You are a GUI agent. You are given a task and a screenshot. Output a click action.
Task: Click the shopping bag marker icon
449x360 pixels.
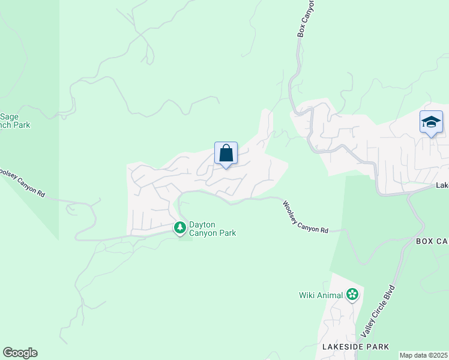226,154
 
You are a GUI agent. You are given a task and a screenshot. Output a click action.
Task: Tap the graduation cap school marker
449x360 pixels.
431,122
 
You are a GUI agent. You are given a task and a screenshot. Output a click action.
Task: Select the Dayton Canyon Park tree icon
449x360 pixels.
179,228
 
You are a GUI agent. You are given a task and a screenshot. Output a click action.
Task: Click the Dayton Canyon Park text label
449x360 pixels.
212,229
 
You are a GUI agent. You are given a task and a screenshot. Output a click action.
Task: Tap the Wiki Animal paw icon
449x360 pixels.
352,295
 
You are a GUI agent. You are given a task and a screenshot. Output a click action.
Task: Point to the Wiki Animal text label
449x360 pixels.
321,295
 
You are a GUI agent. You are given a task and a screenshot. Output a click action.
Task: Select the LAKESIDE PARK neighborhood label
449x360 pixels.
355,347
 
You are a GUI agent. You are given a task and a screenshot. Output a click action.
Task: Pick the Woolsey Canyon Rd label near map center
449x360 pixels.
306,217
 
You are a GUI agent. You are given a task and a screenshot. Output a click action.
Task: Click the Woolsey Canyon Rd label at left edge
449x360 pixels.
22,182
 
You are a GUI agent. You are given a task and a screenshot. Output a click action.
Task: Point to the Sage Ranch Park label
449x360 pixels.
14,121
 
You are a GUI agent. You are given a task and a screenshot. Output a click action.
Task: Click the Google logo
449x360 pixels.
20,353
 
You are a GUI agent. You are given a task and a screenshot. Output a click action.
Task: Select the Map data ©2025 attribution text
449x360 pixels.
424,355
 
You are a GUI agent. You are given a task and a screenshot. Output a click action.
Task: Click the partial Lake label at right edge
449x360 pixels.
442,186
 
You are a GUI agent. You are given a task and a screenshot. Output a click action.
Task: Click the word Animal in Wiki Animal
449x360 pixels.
330,295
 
